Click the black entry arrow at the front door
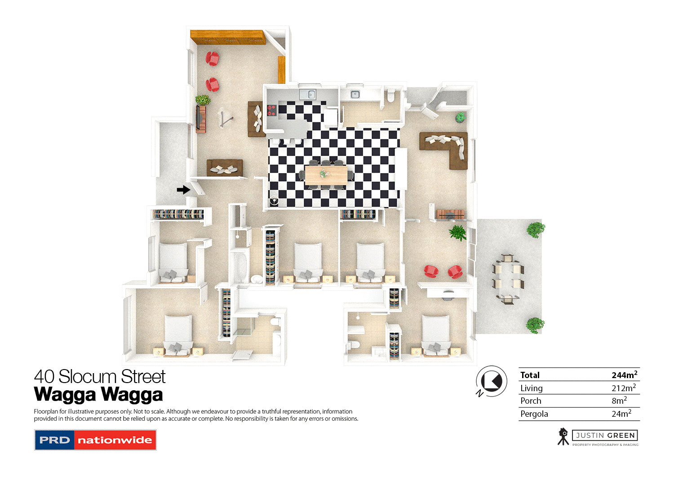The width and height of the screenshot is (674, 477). tap(183, 190)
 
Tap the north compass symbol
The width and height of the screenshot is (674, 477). tap(491, 381)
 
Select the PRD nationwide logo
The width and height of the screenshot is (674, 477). tap(95, 440)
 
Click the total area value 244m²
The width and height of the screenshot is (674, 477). tap(624, 374)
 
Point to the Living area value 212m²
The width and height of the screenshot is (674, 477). tap(623, 388)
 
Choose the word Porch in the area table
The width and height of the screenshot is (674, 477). tap(531, 401)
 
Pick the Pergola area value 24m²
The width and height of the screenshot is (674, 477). tap(621, 414)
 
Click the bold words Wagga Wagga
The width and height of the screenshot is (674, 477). tap(98, 395)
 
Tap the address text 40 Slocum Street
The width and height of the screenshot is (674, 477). tap(100, 376)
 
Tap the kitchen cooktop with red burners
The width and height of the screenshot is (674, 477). tap(271, 110)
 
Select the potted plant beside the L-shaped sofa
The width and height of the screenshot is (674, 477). tap(460, 117)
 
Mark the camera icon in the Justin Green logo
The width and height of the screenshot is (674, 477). tap(563, 436)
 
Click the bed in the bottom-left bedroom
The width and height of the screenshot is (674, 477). tap(178, 335)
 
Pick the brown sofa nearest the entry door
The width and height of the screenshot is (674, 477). tap(225, 168)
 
